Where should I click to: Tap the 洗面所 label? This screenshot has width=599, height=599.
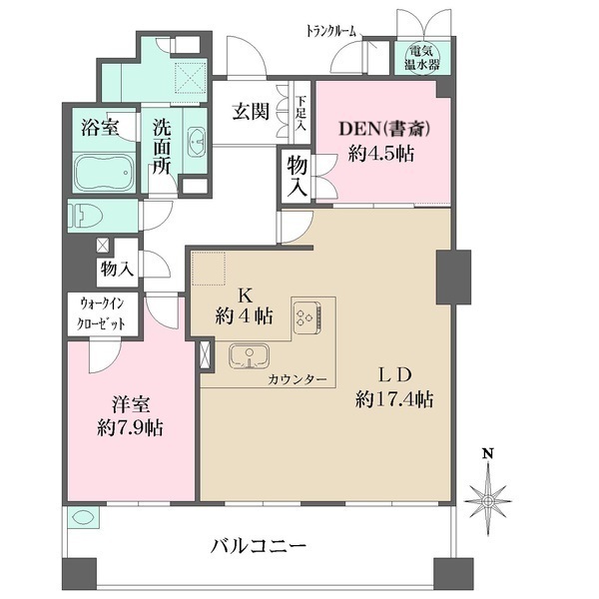[162, 148]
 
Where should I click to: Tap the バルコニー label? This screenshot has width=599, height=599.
[258, 546]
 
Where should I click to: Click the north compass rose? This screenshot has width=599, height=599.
[488, 495]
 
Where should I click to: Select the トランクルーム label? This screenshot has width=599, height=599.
[331, 31]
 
